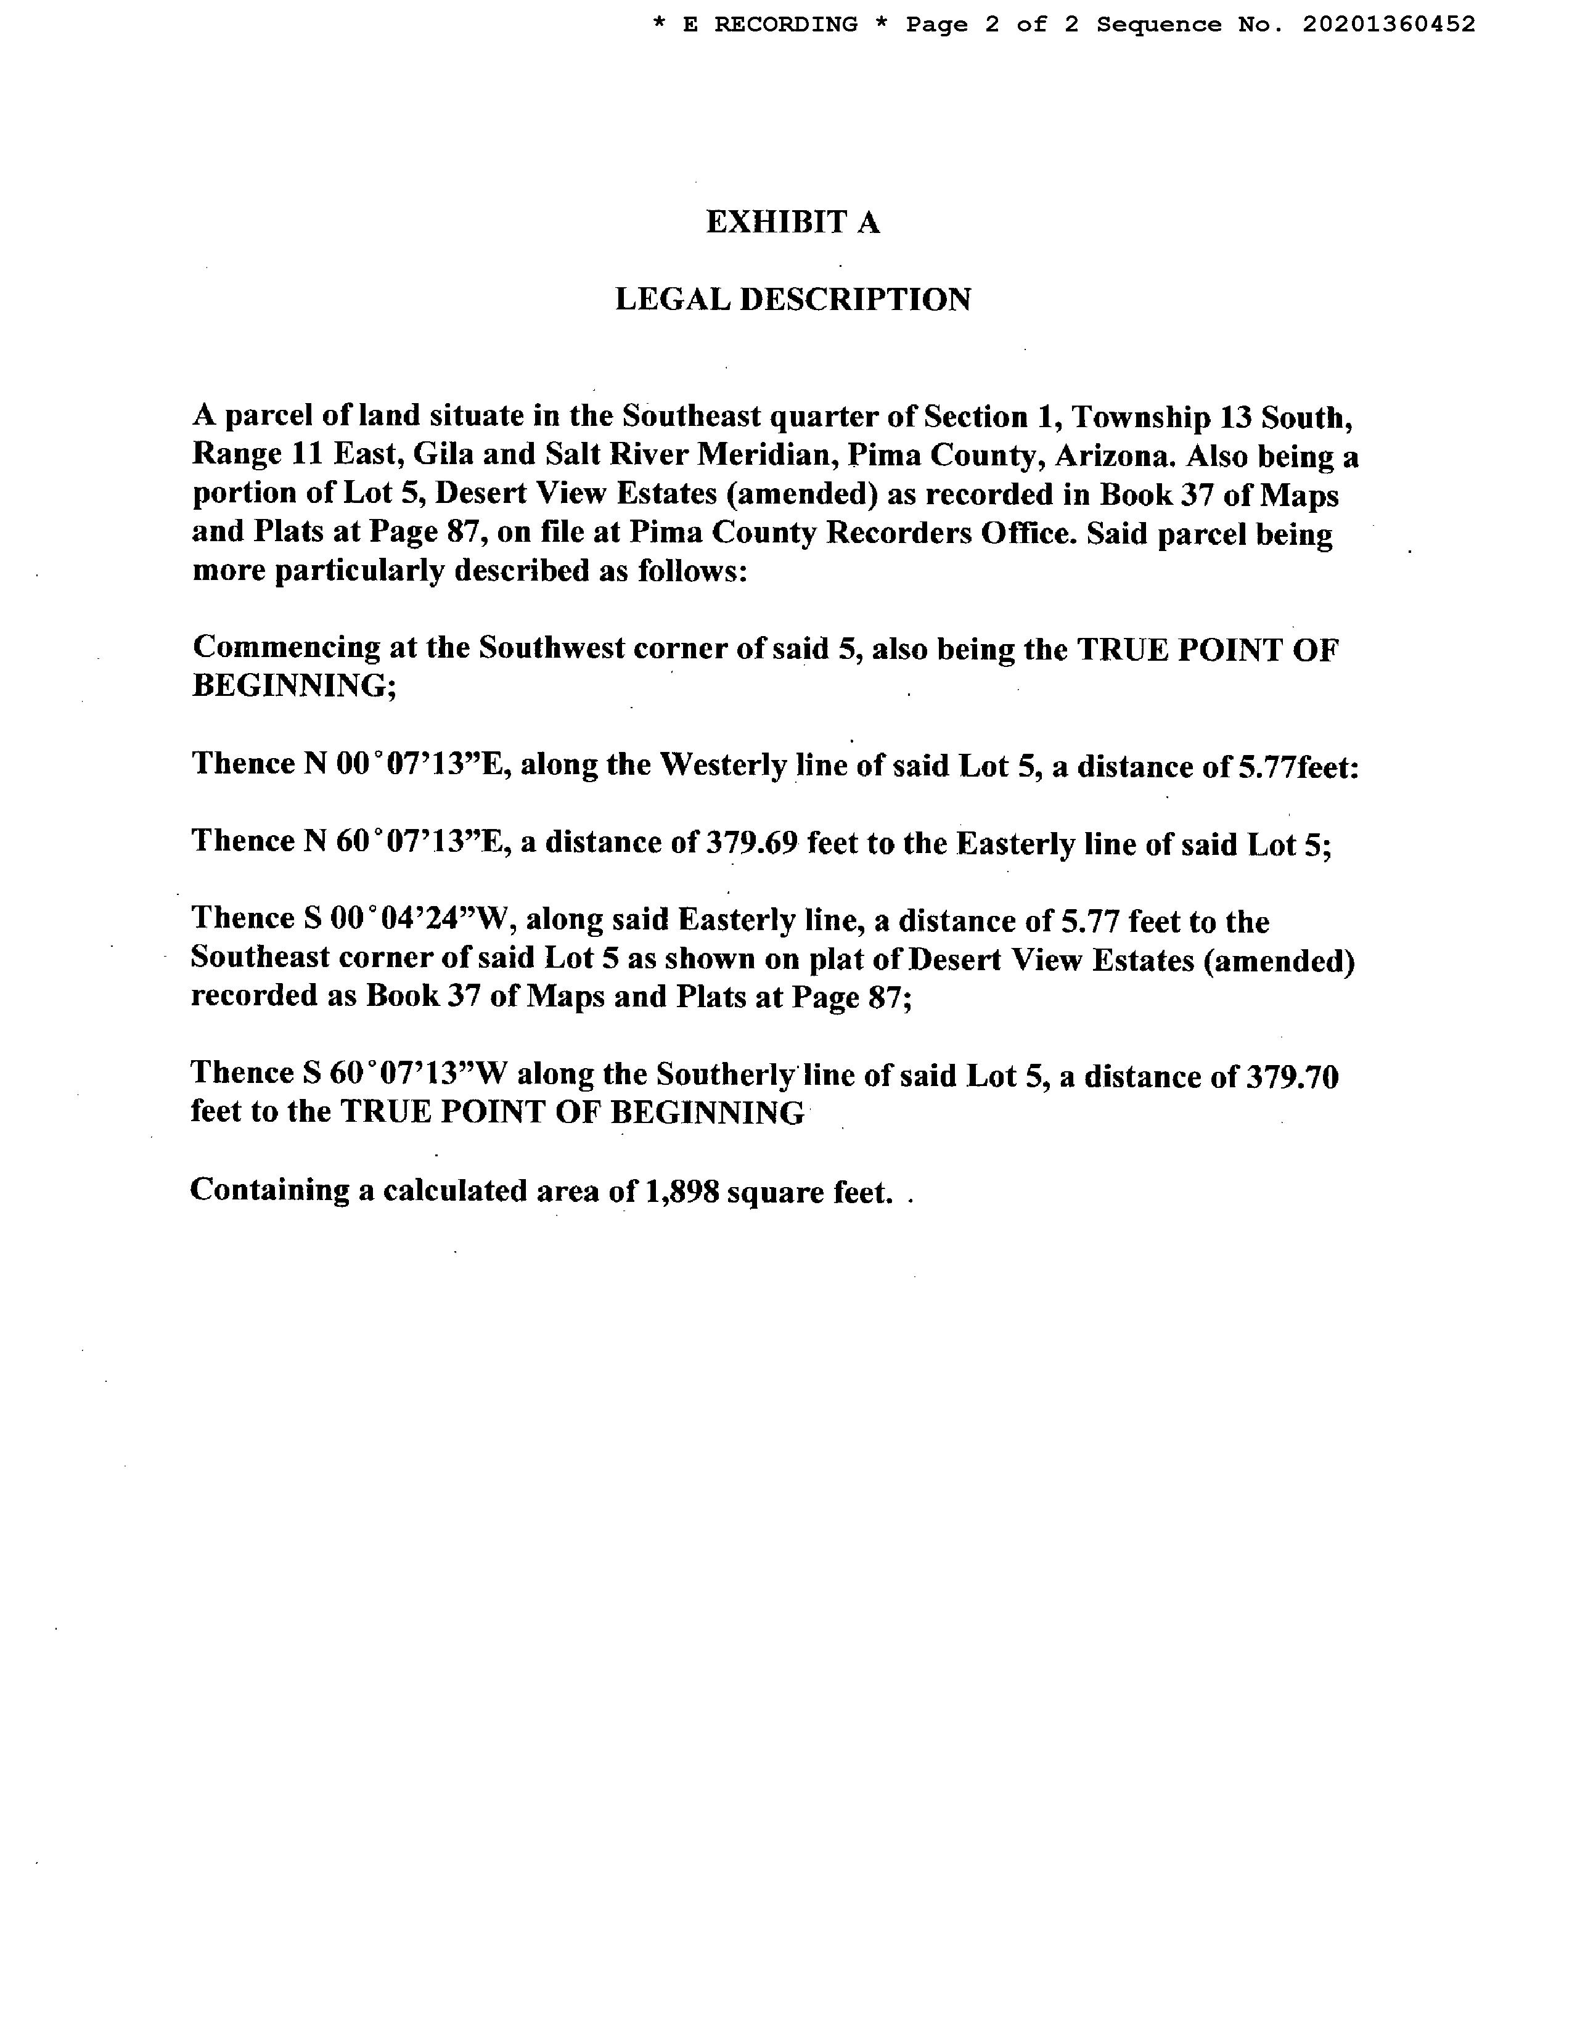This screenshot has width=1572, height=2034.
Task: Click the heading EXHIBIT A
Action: [x=793, y=223]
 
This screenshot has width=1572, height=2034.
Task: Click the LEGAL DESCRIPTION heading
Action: [x=793, y=300]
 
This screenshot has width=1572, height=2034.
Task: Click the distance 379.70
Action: [x=1289, y=1077]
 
